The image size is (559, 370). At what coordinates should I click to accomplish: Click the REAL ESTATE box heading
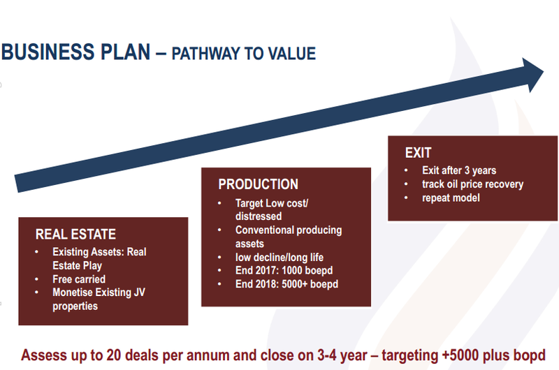tap(75, 235)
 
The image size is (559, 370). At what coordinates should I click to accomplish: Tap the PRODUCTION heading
tap(258, 184)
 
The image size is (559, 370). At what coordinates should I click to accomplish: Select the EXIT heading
tap(418, 153)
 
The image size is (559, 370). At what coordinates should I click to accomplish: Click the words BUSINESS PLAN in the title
tap(75, 52)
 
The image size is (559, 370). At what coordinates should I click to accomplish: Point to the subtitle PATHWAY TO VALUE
tap(243, 54)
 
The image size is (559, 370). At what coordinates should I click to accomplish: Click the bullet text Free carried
tap(79, 279)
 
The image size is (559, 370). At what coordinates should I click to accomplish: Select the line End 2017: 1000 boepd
tap(284, 271)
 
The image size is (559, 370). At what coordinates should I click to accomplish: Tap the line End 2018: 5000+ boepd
tap(286, 284)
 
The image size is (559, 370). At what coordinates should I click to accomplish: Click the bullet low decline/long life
tap(279, 257)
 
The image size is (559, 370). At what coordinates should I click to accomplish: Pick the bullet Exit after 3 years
tap(459, 170)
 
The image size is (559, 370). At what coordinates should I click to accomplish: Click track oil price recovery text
tap(473, 184)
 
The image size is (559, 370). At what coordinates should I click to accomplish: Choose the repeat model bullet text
tap(451, 198)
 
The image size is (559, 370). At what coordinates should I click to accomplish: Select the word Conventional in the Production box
tap(264, 230)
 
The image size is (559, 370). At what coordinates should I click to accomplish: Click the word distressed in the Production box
tap(259, 216)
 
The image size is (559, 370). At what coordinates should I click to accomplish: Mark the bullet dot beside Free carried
tap(37, 279)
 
